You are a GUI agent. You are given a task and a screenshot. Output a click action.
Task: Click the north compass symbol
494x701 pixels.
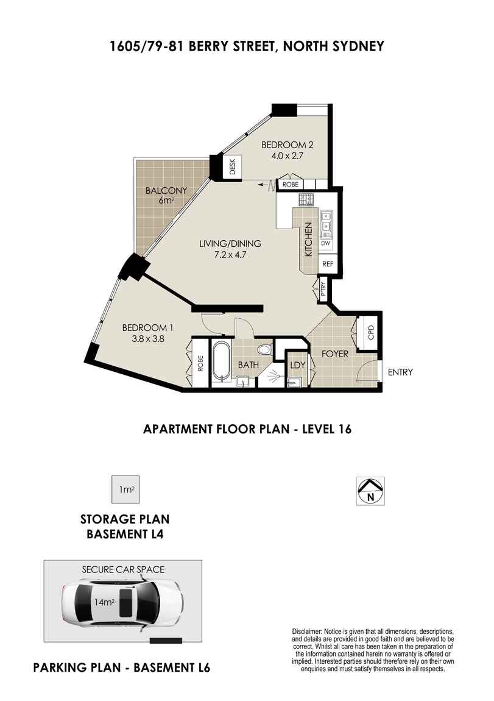370,491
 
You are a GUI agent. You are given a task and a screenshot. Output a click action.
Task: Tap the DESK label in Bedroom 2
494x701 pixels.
232,167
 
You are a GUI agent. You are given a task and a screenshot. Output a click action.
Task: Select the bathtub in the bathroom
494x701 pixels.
221,362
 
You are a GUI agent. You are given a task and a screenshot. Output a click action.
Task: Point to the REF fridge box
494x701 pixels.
327,264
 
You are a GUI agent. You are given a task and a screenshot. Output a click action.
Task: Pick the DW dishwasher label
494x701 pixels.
325,244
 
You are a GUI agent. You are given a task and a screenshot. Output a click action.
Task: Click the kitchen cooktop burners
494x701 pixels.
307,199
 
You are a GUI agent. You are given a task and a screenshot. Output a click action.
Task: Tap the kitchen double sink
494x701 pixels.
326,224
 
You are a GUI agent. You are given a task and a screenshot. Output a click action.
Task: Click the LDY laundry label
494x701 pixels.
298,365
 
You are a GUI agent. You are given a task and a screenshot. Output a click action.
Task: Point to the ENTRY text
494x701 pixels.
400,372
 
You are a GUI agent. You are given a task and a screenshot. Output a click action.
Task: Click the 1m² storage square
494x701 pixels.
125,489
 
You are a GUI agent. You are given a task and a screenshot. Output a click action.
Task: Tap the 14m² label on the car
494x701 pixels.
104,602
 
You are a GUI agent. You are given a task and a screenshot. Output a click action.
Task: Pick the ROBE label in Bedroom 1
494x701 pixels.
200,363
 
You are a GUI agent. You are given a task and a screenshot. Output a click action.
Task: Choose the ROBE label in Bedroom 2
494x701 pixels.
291,184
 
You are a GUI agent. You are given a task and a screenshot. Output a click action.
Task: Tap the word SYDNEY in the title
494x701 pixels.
356,46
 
